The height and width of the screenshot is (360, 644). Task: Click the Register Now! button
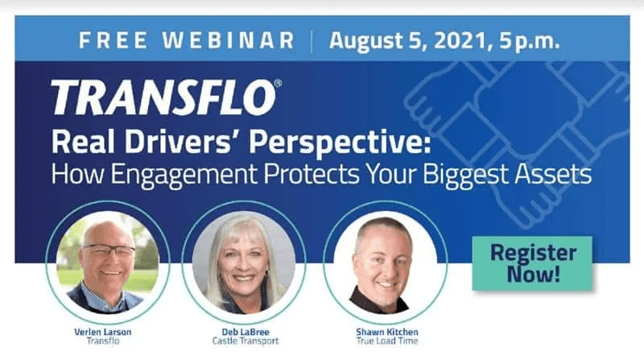[532, 263]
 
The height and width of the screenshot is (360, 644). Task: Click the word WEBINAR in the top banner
[229, 40]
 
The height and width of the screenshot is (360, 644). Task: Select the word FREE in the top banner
[113, 40]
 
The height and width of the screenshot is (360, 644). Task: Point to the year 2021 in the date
[461, 41]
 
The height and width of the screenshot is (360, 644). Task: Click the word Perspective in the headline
[340, 143]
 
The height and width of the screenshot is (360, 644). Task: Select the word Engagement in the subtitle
[184, 174]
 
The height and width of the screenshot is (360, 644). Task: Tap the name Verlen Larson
[103, 332]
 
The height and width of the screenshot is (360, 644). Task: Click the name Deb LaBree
[246, 332]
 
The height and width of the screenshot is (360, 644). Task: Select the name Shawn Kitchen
[387, 332]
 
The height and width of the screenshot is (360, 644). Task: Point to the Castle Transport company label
[246, 341]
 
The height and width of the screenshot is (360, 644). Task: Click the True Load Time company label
[387, 341]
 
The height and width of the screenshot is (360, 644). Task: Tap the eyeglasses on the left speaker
[109, 250]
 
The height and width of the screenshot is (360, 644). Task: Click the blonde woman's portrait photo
[244, 263]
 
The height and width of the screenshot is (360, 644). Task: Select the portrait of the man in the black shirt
[386, 263]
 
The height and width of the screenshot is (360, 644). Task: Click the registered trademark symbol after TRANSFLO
[278, 84]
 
